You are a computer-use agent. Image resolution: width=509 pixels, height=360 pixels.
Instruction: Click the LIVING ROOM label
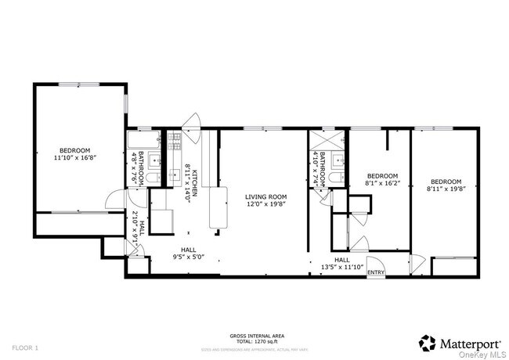tap(265, 196)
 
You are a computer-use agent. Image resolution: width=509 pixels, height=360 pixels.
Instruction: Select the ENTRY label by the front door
tap(376, 272)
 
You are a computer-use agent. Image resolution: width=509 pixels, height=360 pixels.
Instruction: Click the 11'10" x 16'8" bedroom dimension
tap(75, 158)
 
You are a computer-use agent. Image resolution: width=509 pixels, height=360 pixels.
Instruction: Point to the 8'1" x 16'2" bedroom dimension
tap(383, 183)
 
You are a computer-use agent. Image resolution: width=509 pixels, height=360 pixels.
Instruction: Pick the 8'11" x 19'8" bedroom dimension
tap(445, 188)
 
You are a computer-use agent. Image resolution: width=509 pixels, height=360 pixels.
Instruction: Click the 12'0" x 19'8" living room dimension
tap(265, 205)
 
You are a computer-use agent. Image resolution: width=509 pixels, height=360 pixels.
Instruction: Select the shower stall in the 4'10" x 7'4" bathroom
tap(322, 142)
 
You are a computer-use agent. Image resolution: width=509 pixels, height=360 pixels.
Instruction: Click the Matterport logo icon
tap(427, 342)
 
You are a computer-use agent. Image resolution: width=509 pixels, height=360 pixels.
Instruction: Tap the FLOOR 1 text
tap(24, 347)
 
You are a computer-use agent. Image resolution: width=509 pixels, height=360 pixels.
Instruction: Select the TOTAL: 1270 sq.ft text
tap(254, 341)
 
